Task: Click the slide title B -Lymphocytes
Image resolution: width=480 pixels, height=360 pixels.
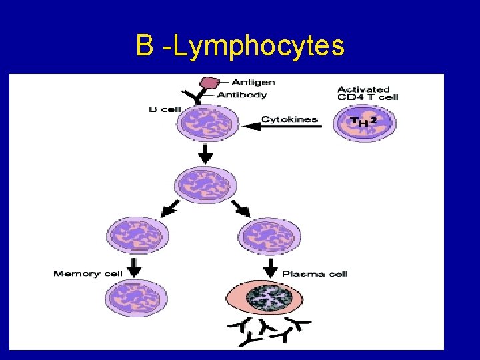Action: click(x=240, y=46)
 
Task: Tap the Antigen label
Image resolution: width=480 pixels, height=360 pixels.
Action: click(x=253, y=82)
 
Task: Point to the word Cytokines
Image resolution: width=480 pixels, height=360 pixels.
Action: click(x=289, y=119)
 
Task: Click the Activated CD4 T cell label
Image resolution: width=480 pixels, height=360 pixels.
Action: click(x=367, y=93)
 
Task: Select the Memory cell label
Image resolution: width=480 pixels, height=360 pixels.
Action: click(x=86, y=273)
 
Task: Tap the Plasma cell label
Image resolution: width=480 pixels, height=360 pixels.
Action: click(x=315, y=273)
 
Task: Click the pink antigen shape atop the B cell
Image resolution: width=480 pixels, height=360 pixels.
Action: click(x=211, y=83)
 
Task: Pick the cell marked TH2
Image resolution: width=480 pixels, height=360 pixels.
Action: click(x=364, y=123)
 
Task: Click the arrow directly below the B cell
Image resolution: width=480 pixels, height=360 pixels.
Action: click(x=206, y=155)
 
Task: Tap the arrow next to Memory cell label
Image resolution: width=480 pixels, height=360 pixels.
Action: click(x=135, y=267)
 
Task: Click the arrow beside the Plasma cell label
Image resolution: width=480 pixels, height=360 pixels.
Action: click(x=271, y=268)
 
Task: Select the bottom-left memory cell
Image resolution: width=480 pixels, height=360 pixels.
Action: click(x=137, y=297)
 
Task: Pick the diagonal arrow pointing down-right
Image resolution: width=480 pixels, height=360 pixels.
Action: click(x=241, y=208)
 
